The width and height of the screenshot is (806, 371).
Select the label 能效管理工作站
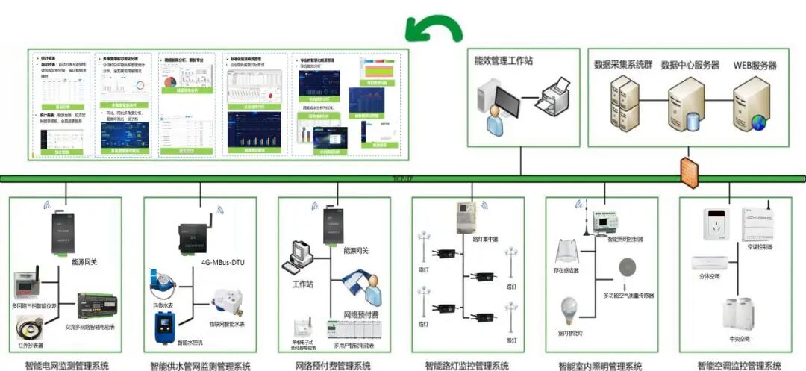pyautogui.click(x=504, y=62)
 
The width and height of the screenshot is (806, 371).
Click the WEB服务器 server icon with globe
pyautogui.click(x=749, y=105)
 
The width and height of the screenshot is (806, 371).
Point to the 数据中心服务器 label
pyautogui.click(x=690, y=66)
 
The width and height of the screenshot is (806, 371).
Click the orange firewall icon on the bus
pyautogui.click(x=688, y=169)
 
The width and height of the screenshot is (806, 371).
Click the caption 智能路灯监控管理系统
pyautogui.click(x=466, y=366)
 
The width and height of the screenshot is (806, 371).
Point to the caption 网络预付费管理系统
pyautogui.click(x=333, y=366)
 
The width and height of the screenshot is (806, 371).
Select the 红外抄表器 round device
pyautogui.click(x=31, y=329)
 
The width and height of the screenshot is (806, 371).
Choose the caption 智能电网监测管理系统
pyautogui.click(x=66, y=366)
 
